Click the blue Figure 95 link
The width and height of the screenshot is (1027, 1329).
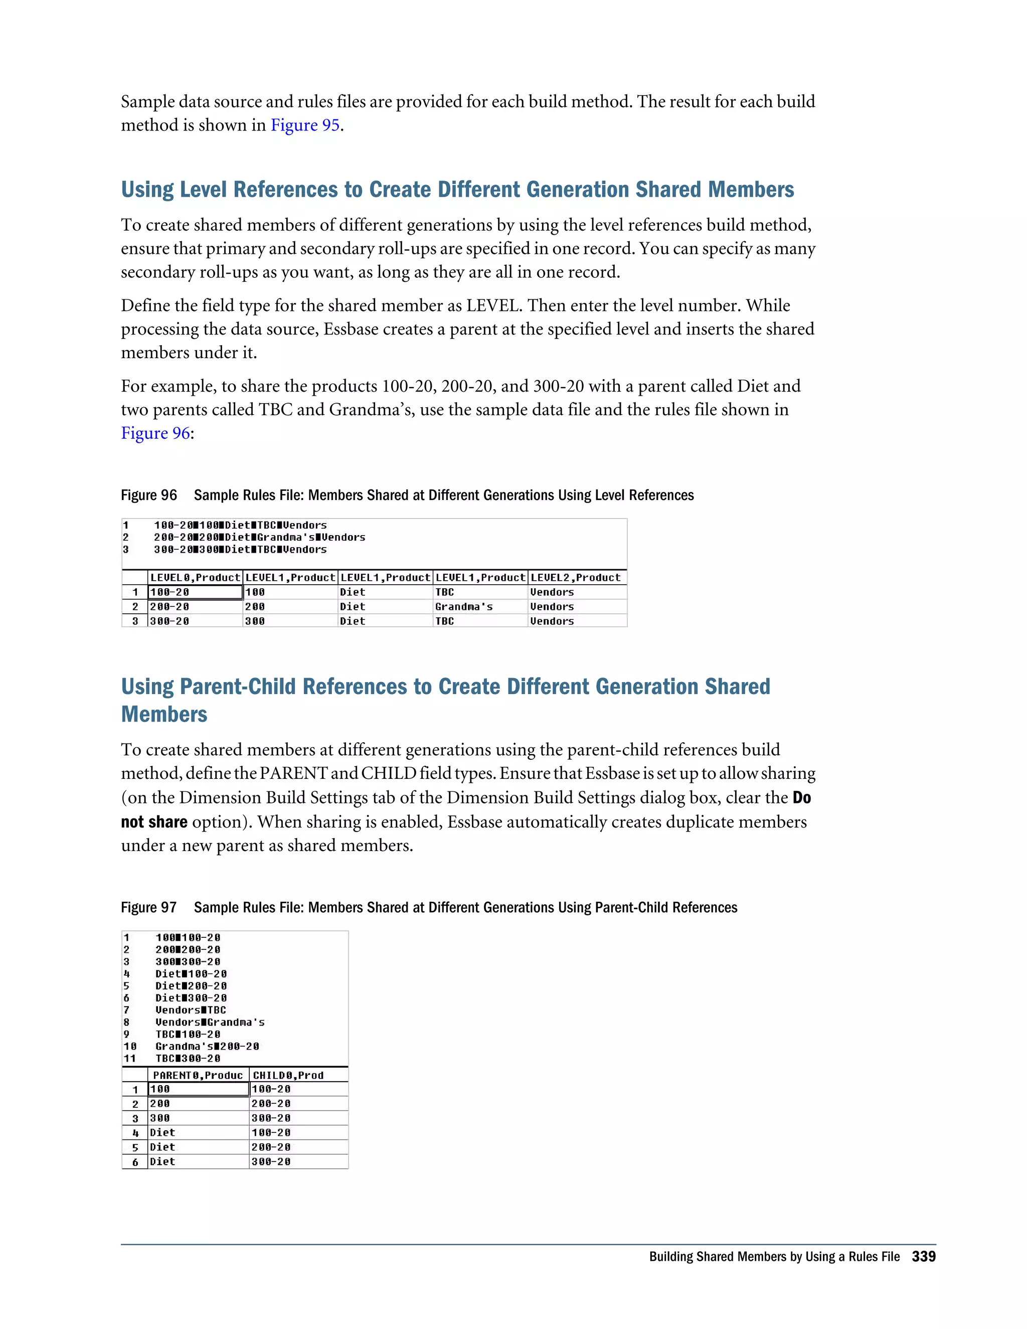tap(304, 125)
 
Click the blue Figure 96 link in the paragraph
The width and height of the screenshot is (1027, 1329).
tap(156, 433)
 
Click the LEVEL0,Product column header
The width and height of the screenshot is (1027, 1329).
tap(195, 577)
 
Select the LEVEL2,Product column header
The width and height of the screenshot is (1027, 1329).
tap(575, 577)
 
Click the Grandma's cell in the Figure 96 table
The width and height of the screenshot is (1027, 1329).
tap(464, 607)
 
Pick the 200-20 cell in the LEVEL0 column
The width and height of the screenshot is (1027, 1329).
tap(170, 607)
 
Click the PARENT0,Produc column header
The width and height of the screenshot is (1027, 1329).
tap(197, 1075)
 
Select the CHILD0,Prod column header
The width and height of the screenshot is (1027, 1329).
tap(288, 1075)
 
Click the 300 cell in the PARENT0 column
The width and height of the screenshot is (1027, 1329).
tap(160, 1118)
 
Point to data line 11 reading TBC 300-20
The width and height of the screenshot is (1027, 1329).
tap(188, 1058)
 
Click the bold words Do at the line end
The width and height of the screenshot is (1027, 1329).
tap(801, 798)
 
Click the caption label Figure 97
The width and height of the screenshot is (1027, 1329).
tap(148, 907)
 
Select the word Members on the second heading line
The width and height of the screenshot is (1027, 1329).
tap(164, 714)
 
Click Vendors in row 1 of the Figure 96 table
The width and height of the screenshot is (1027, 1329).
tap(552, 592)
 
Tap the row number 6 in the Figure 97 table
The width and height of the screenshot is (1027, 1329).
tap(135, 1161)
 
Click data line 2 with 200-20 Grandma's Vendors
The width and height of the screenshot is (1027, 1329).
tap(259, 537)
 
